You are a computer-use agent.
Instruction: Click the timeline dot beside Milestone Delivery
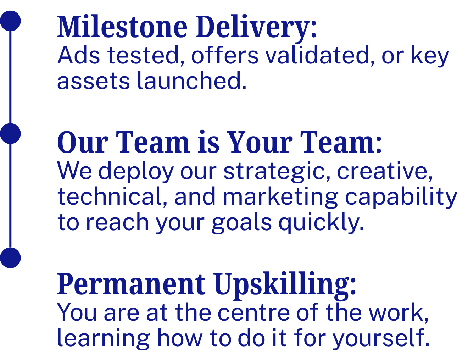tap(11, 21)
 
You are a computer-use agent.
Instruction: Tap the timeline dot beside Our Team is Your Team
tap(11, 134)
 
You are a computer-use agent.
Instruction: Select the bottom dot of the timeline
tap(11, 257)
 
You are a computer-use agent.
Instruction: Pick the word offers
tap(225, 56)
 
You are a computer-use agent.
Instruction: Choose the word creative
tap(385, 171)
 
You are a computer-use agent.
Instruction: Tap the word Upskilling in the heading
tap(285, 285)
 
